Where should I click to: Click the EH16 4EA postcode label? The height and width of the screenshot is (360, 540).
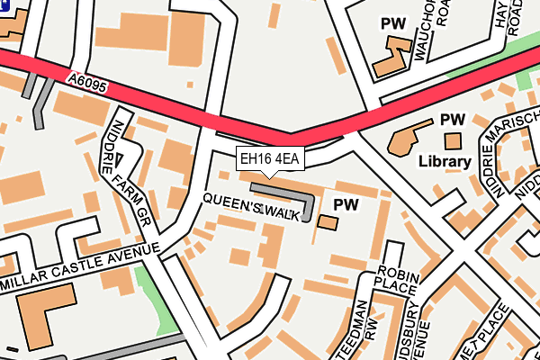271,159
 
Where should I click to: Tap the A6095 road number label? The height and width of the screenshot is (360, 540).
86,82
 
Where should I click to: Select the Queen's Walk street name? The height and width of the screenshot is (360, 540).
250,207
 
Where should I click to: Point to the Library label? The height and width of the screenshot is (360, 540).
445,163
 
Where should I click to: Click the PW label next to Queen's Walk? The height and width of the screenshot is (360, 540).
346,204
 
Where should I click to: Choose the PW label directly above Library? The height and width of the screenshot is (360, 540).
451,119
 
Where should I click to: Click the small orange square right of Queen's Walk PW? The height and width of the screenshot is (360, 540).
328,221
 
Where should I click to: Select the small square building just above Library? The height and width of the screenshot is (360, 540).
453,140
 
